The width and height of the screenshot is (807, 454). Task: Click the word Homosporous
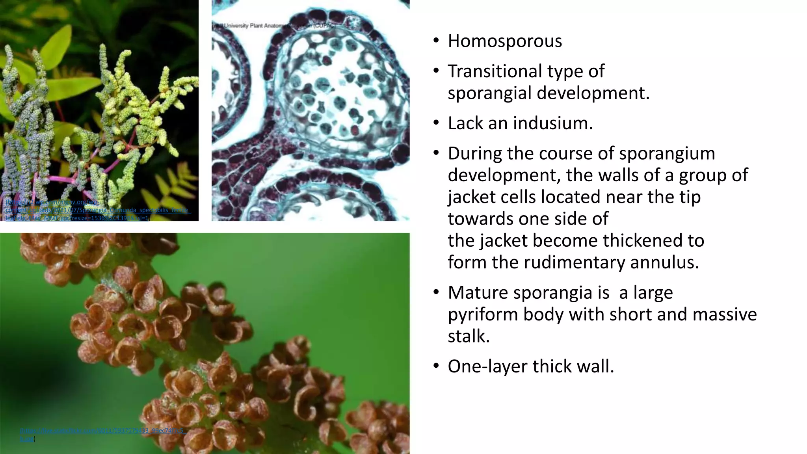pyautogui.click(x=505, y=41)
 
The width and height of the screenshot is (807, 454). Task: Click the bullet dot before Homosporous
pyautogui.click(x=435, y=41)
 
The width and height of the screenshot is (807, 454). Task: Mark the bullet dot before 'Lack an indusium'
pyautogui.click(x=435, y=123)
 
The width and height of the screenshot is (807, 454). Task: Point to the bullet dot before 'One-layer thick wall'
pyautogui.click(x=435, y=367)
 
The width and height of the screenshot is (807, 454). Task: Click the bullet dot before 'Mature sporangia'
pyautogui.click(x=435, y=293)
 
